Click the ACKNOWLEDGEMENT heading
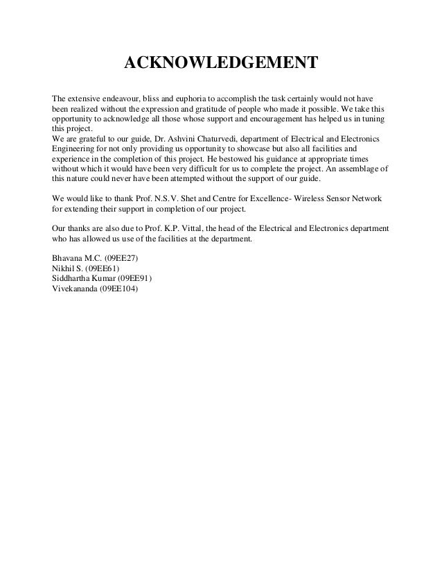pyautogui.click(x=220, y=65)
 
